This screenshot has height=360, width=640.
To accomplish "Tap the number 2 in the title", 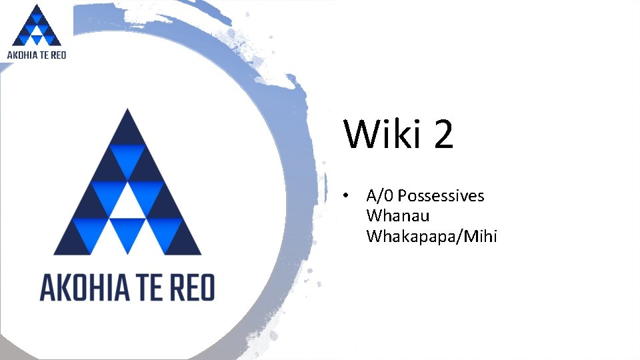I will [x=443, y=134].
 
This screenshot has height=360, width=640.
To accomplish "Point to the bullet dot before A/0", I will [x=345, y=196].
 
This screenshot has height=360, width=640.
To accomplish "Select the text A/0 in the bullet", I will [x=379, y=196].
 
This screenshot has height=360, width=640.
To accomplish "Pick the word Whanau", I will [x=398, y=216].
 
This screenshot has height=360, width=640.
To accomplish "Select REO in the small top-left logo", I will [x=58, y=55].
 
